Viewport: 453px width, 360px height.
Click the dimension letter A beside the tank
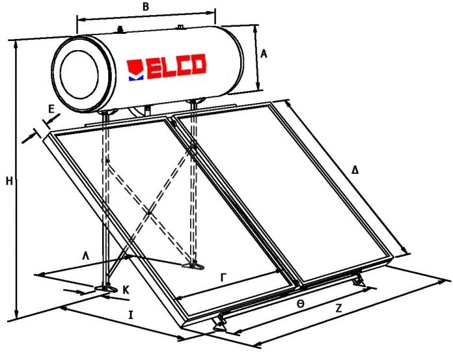pyautogui.click(x=264, y=55)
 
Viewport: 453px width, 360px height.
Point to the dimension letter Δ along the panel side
pyautogui.click(x=355, y=170)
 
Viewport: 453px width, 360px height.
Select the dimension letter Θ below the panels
pyautogui.click(x=299, y=303)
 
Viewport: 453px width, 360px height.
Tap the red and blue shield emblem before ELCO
pyautogui.click(x=135, y=68)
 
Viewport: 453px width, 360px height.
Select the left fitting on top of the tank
pyautogui.click(x=120, y=29)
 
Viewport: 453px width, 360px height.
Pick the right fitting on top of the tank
pyautogui.click(x=180, y=27)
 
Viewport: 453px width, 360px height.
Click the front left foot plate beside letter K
pyautogui.click(x=103, y=287)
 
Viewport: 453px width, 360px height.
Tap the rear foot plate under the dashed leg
pyautogui.click(x=193, y=264)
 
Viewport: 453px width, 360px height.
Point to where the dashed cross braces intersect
pyautogui.click(x=150, y=212)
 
